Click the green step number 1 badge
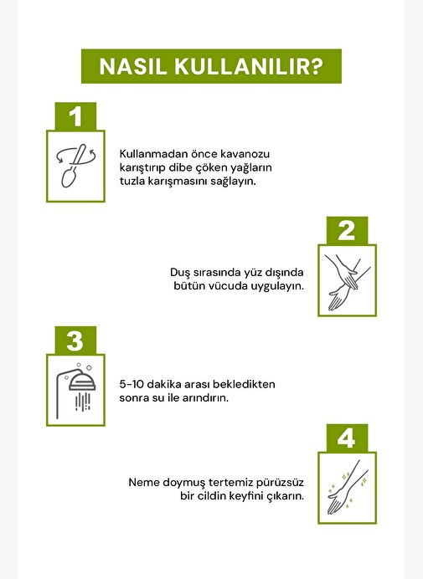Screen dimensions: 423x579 coord(75,116)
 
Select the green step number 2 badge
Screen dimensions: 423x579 coord(347,231)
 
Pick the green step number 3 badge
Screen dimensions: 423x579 coord(75,341)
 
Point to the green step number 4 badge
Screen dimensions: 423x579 coord(347,438)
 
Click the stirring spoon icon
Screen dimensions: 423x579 coord(75,166)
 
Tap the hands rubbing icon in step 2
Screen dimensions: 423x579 coord(348,280)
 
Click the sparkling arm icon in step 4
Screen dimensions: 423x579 coord(348,488)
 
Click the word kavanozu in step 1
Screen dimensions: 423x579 coord(245,154)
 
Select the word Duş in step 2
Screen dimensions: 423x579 coord(180,273)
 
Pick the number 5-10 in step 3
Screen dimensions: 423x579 coord(132,384)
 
